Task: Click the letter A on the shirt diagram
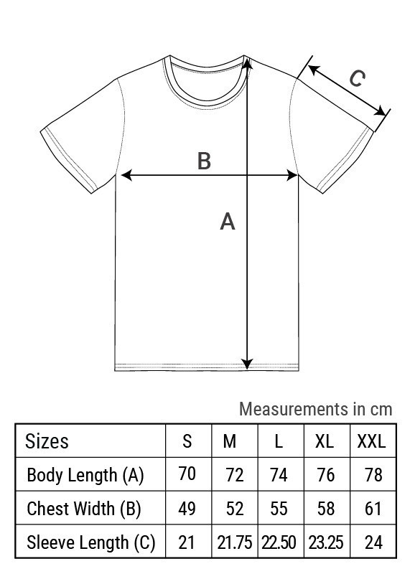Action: [x=227, y=221]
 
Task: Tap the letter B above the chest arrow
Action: [x=204, y=161]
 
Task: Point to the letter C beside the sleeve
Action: [x=357, y=78]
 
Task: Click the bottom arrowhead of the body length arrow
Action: [x=247, y=364]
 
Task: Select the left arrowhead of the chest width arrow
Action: [x=126, y=175]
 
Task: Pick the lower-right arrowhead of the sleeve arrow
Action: [x=380, y=111]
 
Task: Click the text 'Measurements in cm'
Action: [x=315, y=409]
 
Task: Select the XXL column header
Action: [x=371, y=441]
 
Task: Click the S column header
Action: [x=187, y=441]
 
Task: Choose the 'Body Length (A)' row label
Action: [x=85, y=475]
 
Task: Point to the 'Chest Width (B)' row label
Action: [x=84, y=509]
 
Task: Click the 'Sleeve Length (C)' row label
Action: [x=91, y=542]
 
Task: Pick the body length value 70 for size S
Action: [x=187, y=474]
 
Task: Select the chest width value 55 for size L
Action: [x=279, y=509]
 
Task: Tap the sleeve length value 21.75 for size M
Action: [x=235, y=542]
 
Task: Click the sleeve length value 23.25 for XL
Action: [x=326, y=542]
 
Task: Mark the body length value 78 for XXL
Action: [x=373, y=475]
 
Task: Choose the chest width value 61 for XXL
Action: [x=373, y=509]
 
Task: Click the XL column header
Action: [x=325, y=441]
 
